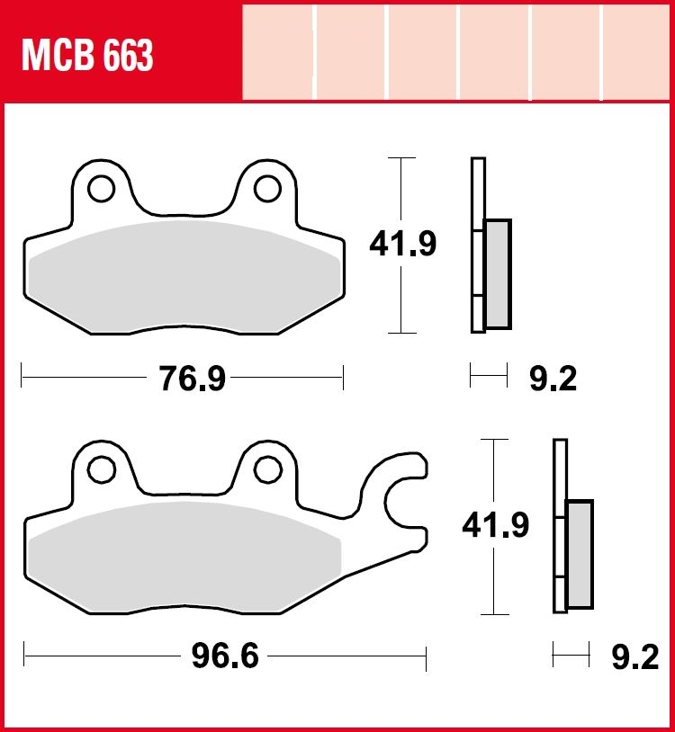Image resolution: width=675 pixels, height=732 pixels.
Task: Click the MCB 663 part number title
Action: (87, 55)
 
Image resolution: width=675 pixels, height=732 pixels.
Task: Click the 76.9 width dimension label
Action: (193, 378)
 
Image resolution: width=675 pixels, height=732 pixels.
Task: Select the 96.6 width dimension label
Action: (225, 656)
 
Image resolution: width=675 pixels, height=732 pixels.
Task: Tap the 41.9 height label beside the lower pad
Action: (495, 525)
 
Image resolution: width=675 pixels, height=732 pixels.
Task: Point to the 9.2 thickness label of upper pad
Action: (553, 378)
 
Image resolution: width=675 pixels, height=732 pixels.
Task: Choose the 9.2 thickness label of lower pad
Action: (635, 656)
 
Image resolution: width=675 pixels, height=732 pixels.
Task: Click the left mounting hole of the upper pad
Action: (101, 189)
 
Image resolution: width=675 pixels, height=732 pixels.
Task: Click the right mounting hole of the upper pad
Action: (267, 189)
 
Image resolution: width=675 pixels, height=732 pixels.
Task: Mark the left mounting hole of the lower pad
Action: (102, 469)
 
